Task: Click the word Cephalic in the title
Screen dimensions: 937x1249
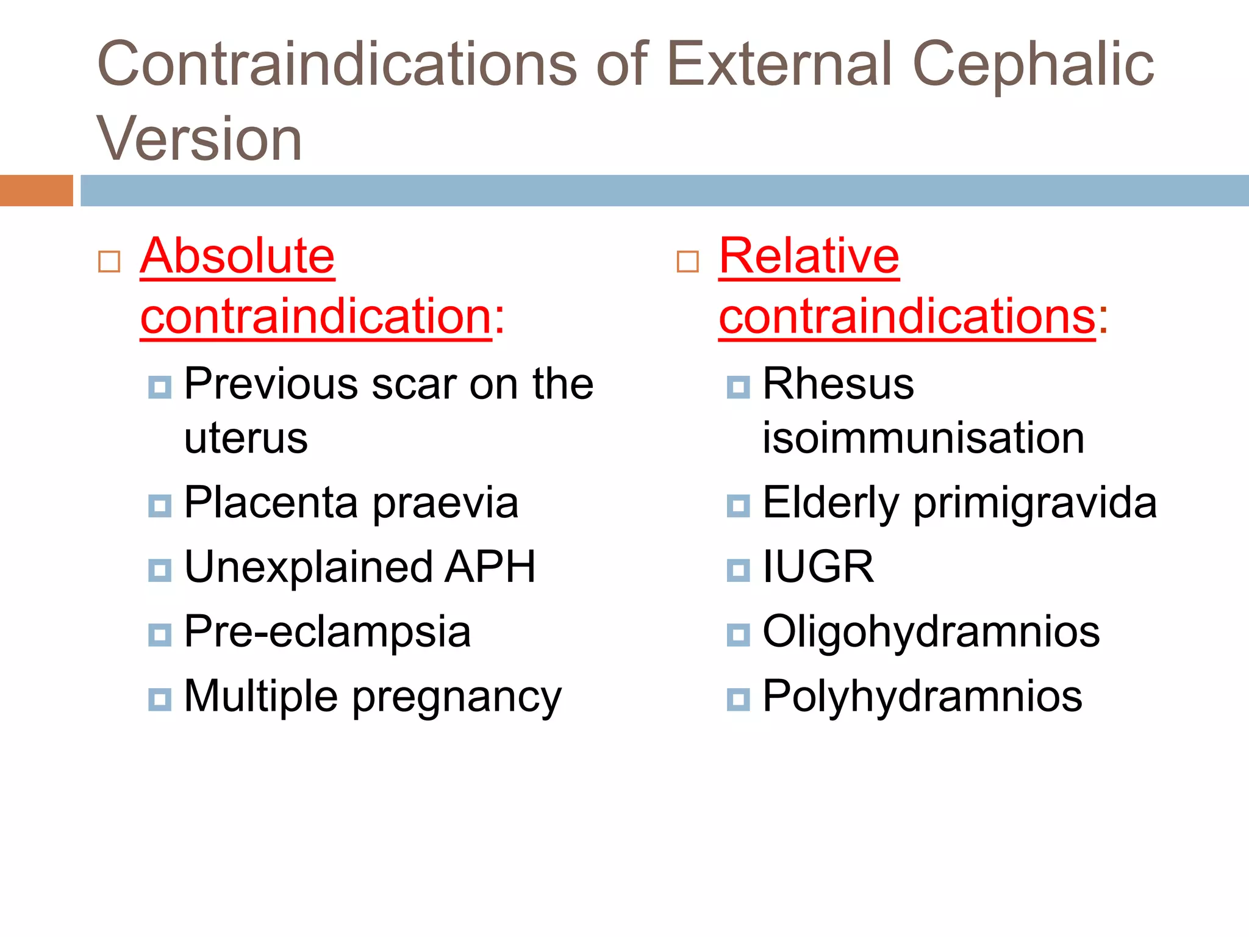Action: coord(1032,64)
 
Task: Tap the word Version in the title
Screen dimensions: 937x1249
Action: coord(199,139)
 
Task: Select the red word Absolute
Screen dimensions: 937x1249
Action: coord(237,256)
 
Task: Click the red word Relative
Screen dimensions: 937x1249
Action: coord(809,256)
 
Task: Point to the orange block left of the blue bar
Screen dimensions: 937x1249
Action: coord(36,190)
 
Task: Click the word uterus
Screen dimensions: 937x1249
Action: coord(246,438)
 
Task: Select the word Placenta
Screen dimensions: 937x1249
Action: coord(271,503)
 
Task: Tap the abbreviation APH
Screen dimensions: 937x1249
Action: coord(490,567)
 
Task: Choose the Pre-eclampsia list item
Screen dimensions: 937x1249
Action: coord(327,631)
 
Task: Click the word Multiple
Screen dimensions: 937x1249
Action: coord(260,696)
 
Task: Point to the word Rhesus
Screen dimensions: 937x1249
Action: coord(839,384)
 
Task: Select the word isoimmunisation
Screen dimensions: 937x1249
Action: coord(923,438)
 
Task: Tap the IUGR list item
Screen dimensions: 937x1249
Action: coord(818,567)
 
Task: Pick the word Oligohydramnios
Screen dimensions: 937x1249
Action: coord(931,631)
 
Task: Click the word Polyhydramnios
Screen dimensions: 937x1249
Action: coord(922,696)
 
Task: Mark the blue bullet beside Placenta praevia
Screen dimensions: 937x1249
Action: coord(160,506)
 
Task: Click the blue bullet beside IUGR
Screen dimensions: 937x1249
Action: coord(738,570)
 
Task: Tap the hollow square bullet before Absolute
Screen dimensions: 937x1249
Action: coord(109,262)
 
